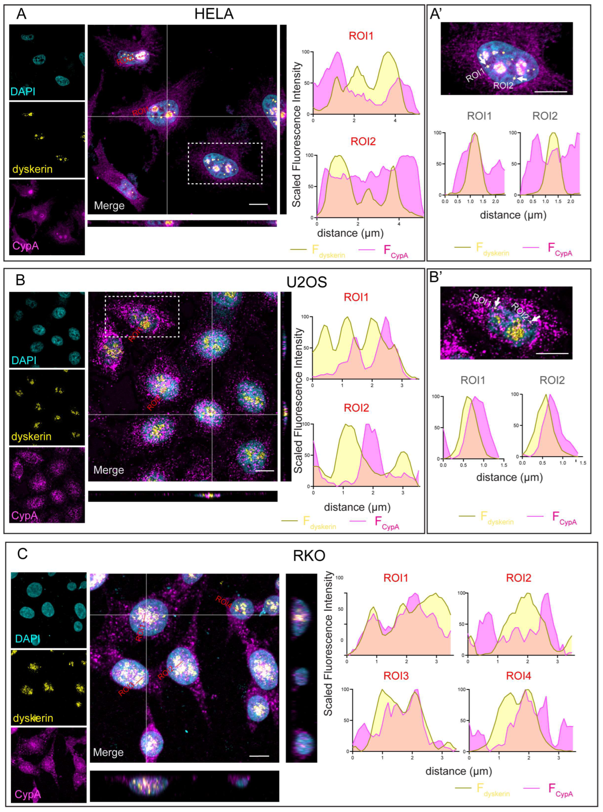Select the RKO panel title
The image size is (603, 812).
(x=309, y=556)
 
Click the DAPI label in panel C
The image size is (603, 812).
(x=28, y=638)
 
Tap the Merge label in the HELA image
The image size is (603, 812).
(x=109, y=206)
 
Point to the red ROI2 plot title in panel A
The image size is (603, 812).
(x=363, y=141)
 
